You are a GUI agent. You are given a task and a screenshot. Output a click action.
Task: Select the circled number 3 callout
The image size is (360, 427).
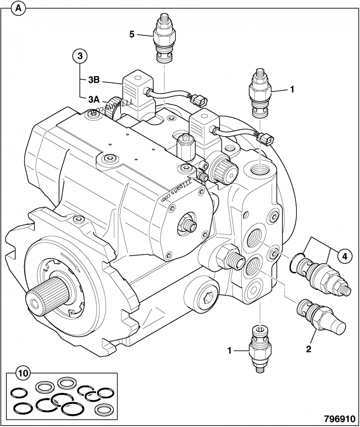click(x=80, y=56)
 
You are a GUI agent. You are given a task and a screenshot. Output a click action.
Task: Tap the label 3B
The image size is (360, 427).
click(x=93, y=81)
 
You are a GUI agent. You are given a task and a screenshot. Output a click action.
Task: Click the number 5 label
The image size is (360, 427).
click(x=132, y=34)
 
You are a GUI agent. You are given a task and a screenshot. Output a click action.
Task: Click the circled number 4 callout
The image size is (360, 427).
click(x=342, y=256)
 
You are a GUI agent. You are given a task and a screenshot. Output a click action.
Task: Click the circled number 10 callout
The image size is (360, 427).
click(x=22, y=373)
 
